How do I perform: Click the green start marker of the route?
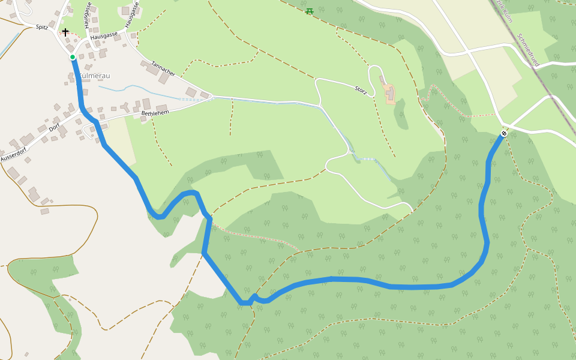click(x=73, y=57)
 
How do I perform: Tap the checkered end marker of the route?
click(x=504, y=133)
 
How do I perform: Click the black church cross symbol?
click(x=65, y=32)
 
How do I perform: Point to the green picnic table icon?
click(x=310, y=11)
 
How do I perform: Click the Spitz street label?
click(x=41, y=27)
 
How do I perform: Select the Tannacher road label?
click(x=163, y=68)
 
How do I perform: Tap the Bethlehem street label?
click(x=155, y=113)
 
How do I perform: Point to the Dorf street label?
click(x=55, y=127)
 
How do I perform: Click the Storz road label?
click(x=360, y=90)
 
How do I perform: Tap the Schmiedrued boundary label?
click(x=527, y=49)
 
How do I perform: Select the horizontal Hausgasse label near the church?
click(x=104, y=37)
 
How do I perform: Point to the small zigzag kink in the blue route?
click(x=254, y=298)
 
